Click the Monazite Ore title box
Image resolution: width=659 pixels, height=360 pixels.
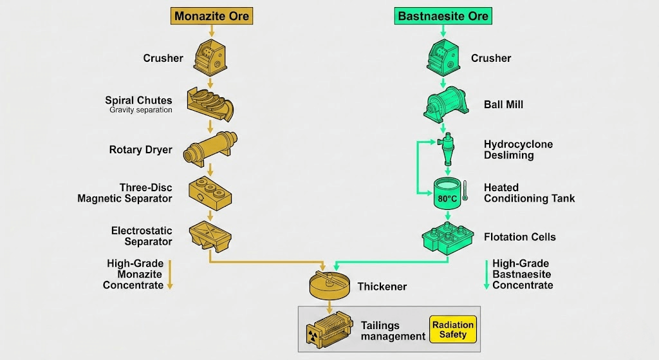[x=210, y=16]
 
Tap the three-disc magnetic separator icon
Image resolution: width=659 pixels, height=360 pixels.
[x=210, y=191]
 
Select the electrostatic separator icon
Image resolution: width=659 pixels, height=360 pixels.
[x=210, y=236]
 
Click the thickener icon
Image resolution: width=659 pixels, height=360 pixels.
[x=329, y=283]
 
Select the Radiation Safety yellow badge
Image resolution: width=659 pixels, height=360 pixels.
[x=452, y=329]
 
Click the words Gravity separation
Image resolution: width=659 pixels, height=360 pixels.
[x=141, y=110]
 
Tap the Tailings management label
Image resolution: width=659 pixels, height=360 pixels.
[x=393, y=330]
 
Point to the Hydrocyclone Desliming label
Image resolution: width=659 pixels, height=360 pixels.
[x=518, y=149]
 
